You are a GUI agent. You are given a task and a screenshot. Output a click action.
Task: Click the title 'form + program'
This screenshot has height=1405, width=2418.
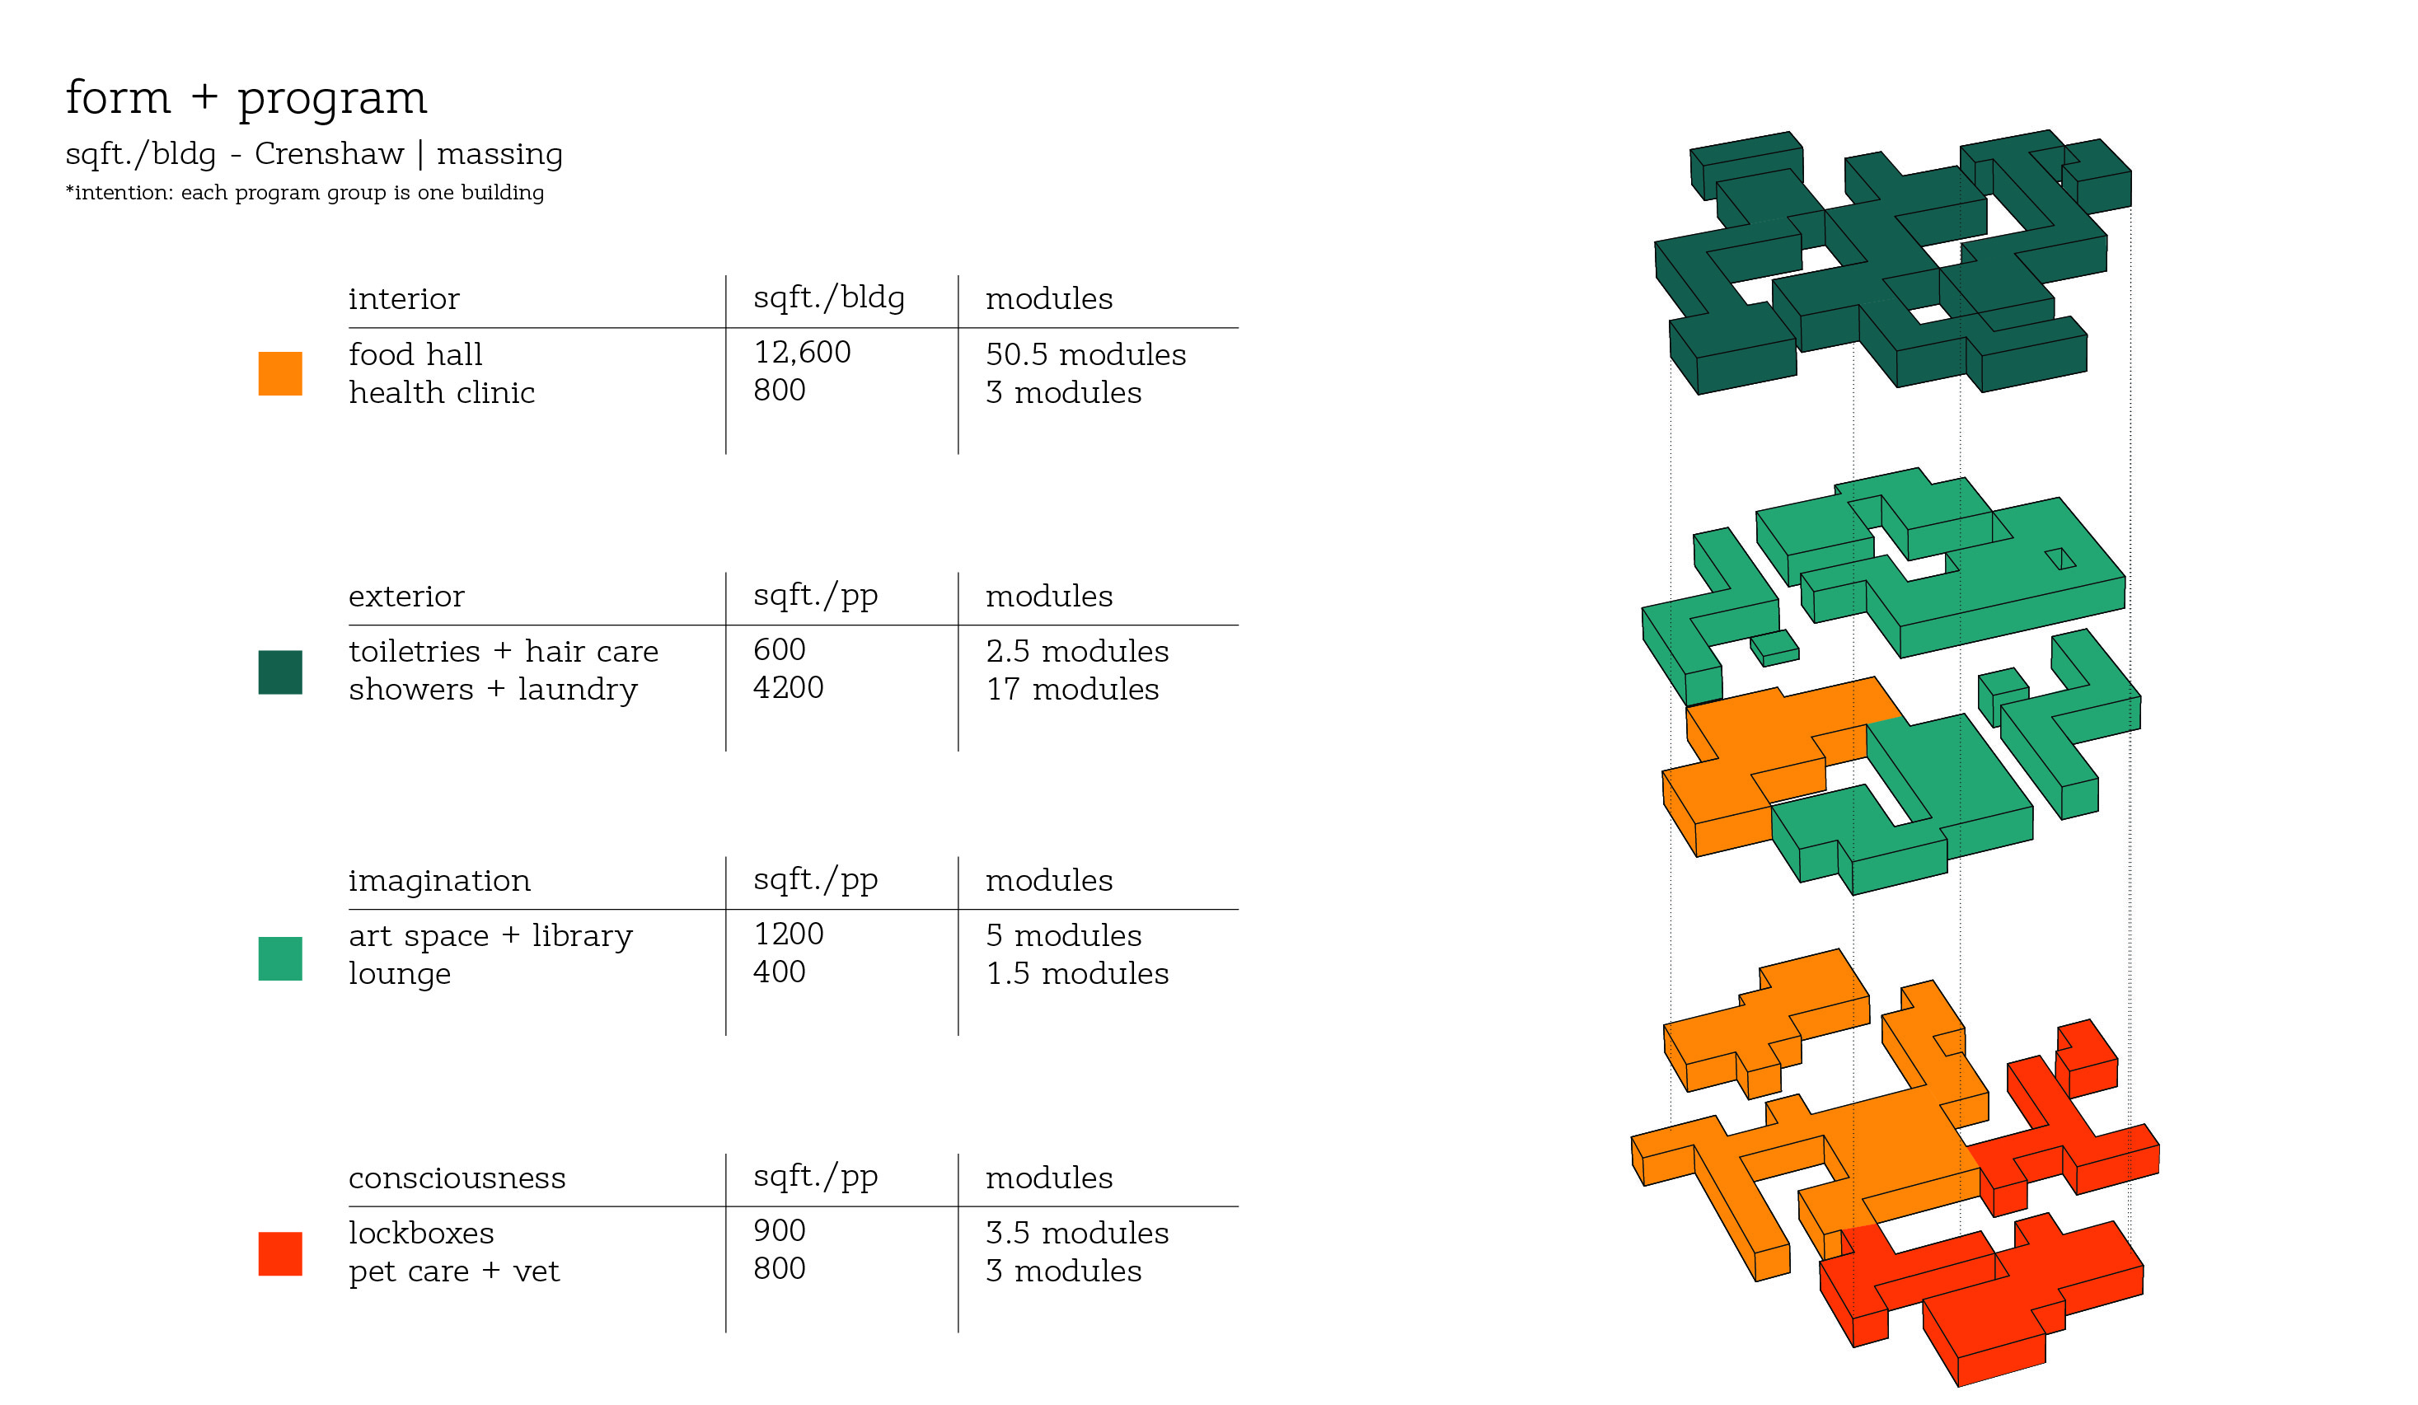tap(246, 98)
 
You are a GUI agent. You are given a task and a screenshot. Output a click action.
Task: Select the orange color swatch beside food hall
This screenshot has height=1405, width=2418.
tap(280, 373)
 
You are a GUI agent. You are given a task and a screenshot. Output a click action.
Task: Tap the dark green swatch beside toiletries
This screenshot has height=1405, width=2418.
tap(280, 672)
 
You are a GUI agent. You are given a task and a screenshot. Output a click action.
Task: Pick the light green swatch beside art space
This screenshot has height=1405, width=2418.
tap(280, 958)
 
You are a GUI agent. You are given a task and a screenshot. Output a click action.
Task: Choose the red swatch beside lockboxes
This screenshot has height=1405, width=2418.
tap(280, 1253)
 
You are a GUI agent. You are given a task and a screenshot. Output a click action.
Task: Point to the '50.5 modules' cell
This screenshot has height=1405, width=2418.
tap(1085, 355)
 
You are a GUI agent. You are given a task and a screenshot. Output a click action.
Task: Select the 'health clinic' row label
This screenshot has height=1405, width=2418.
tap(442, 392)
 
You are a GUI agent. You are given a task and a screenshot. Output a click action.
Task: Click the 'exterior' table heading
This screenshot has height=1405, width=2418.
tap(405, 596)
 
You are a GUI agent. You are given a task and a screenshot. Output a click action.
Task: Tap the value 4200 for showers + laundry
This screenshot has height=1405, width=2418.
tap(788, 688)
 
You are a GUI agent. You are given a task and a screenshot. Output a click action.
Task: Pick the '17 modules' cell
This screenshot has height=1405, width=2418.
tap(1072, 689)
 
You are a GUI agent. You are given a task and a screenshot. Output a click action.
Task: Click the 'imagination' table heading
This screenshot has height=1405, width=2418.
tap(438, 881)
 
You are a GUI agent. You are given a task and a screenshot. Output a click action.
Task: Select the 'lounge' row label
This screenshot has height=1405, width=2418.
tap(399, 974)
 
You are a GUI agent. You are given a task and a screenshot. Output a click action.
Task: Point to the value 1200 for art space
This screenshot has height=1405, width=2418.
tap(788, 934)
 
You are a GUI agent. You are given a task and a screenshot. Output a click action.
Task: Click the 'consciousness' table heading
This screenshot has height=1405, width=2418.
tap(457, 1178)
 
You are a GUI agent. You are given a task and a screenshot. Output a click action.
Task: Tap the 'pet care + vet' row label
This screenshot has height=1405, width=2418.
tap(453, 1272)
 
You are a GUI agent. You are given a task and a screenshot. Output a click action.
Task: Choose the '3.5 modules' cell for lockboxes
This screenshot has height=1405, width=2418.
tap(1076, 1234)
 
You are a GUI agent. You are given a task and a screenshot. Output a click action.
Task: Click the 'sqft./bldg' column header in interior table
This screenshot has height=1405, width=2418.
tap(828, 298)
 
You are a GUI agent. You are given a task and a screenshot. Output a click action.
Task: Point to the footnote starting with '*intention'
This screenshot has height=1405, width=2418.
tap(304, 192)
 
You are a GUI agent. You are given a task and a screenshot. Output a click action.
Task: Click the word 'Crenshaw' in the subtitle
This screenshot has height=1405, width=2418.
tap(329, 153)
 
